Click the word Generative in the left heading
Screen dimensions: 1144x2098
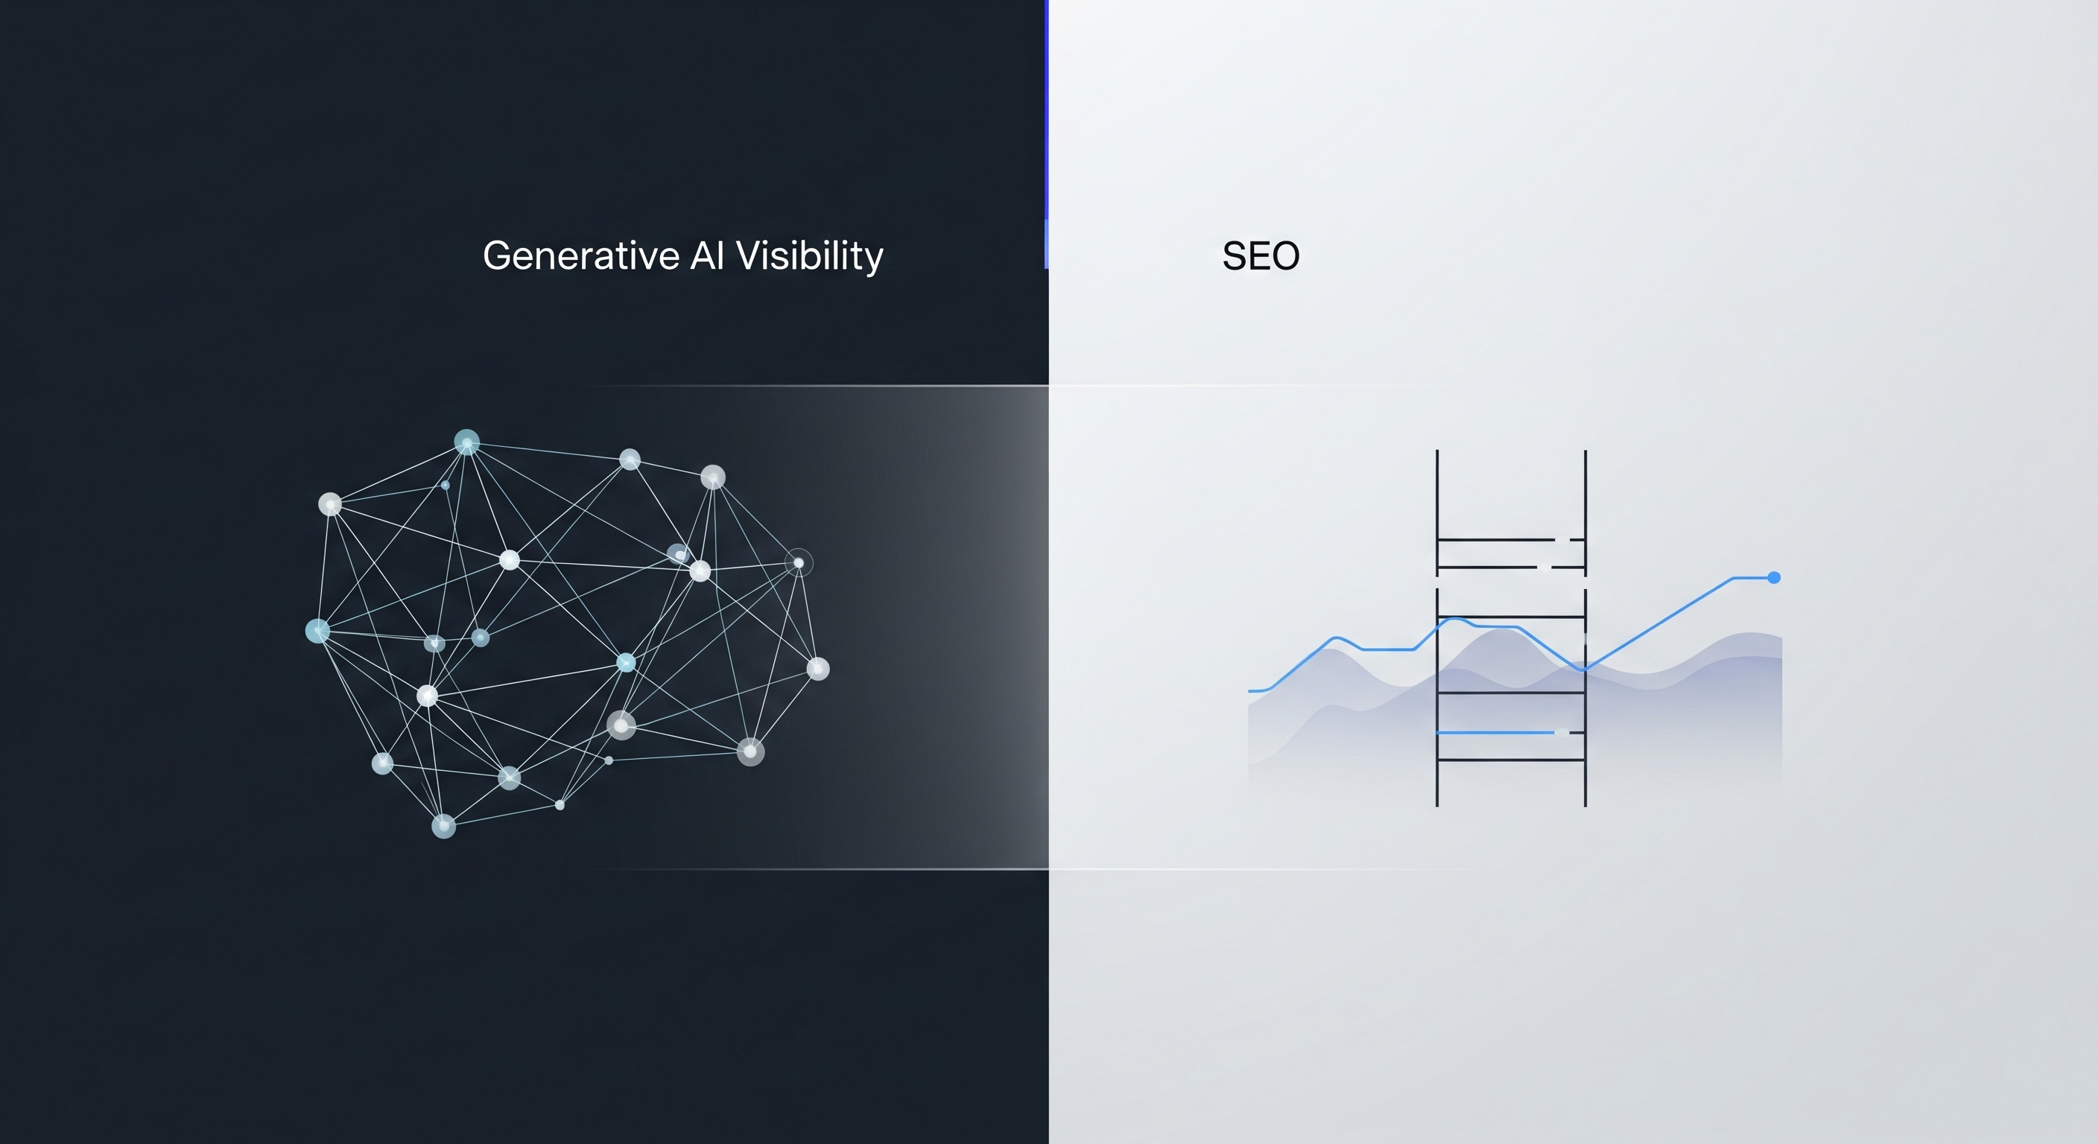(x=580, y=255)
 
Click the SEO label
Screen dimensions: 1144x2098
(x=1260, y=255)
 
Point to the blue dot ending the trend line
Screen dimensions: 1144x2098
(x=1774, y=577)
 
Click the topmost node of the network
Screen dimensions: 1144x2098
(x=466, y=442)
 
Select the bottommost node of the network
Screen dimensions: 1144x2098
(x=443, y=826)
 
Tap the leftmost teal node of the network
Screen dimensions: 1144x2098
(x=317, y=630)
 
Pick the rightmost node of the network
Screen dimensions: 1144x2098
(x=818, y=669)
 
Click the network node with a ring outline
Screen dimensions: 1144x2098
(x=798, y=562)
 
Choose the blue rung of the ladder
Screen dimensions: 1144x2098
(x=1495, y=733)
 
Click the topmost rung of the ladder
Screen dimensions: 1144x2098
(x=1495, y=539)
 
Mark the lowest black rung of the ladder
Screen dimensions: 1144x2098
(x=1511, y=760)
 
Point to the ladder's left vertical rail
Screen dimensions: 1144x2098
(x=1437, y=505)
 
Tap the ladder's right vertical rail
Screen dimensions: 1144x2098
(x=1585, y=505)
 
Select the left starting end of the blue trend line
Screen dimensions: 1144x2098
(x=1251, y=690)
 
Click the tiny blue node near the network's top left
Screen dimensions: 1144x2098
(x=445, y=486)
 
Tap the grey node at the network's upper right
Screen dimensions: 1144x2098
(x=713, y=477)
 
